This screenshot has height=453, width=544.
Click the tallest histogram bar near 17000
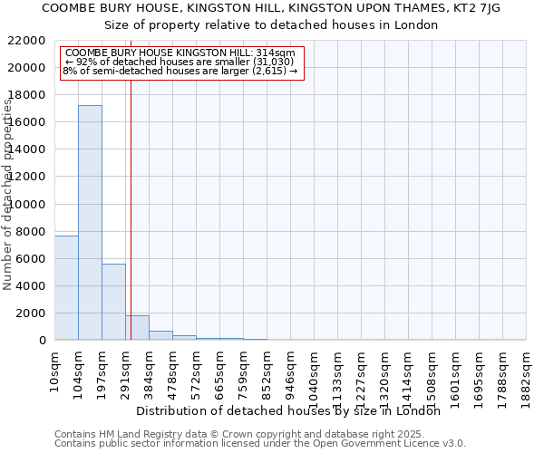click(90, 222)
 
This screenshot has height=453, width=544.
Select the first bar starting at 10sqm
click(66, 287)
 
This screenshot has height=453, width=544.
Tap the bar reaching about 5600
click(113, 302)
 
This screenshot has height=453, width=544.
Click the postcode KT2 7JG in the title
click(468, 7)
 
